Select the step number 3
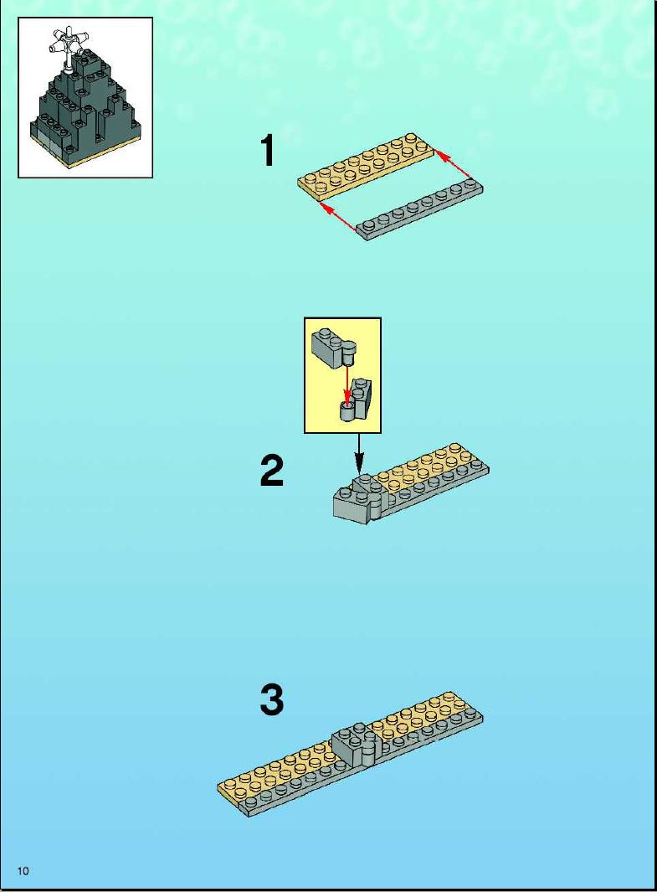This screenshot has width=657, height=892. pyautogui.click(x=272, y=699)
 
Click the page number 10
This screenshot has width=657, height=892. pyautogui.click(x=23, y=870)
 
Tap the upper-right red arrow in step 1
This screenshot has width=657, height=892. pyautogui.click(x=453, y=164)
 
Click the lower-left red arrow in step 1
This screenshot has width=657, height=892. pyautogui.click(x=339, y=215)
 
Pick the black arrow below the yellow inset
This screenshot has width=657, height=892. pyautogui.click(x=358, y=453)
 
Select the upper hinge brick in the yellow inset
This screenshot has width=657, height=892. pyautogui.click(x=335, y=348)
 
